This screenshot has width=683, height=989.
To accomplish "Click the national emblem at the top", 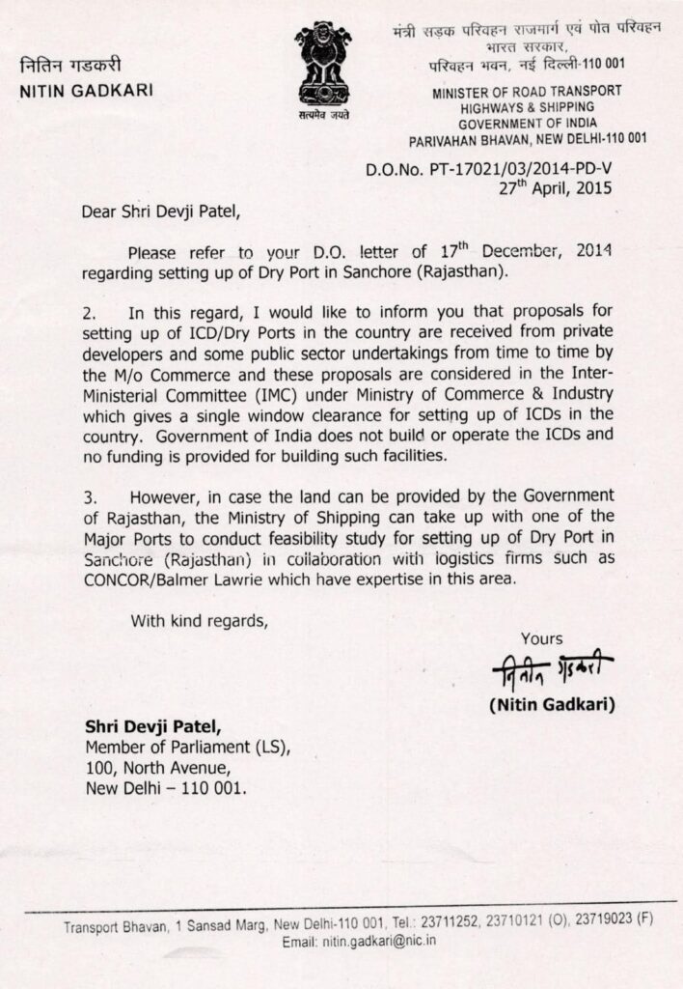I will pos(323,70).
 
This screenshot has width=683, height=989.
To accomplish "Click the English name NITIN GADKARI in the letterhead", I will pos(86,93).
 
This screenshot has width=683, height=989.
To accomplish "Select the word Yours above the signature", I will pos(542,638).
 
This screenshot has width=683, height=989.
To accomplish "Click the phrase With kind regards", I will pos(198,620).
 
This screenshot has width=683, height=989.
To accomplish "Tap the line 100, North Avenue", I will pos(159,768).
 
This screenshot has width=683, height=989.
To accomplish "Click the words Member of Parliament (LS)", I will pos(188,748).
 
